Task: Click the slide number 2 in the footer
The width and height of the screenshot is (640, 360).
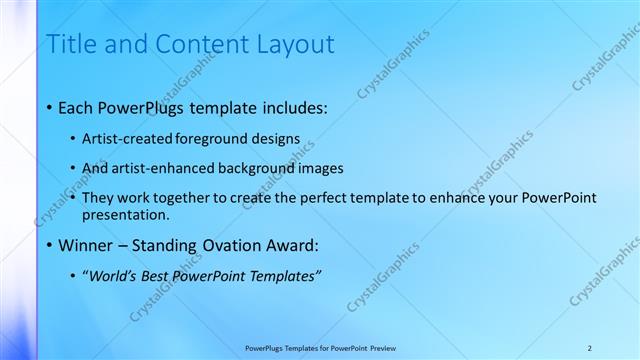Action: coord(589,347)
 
